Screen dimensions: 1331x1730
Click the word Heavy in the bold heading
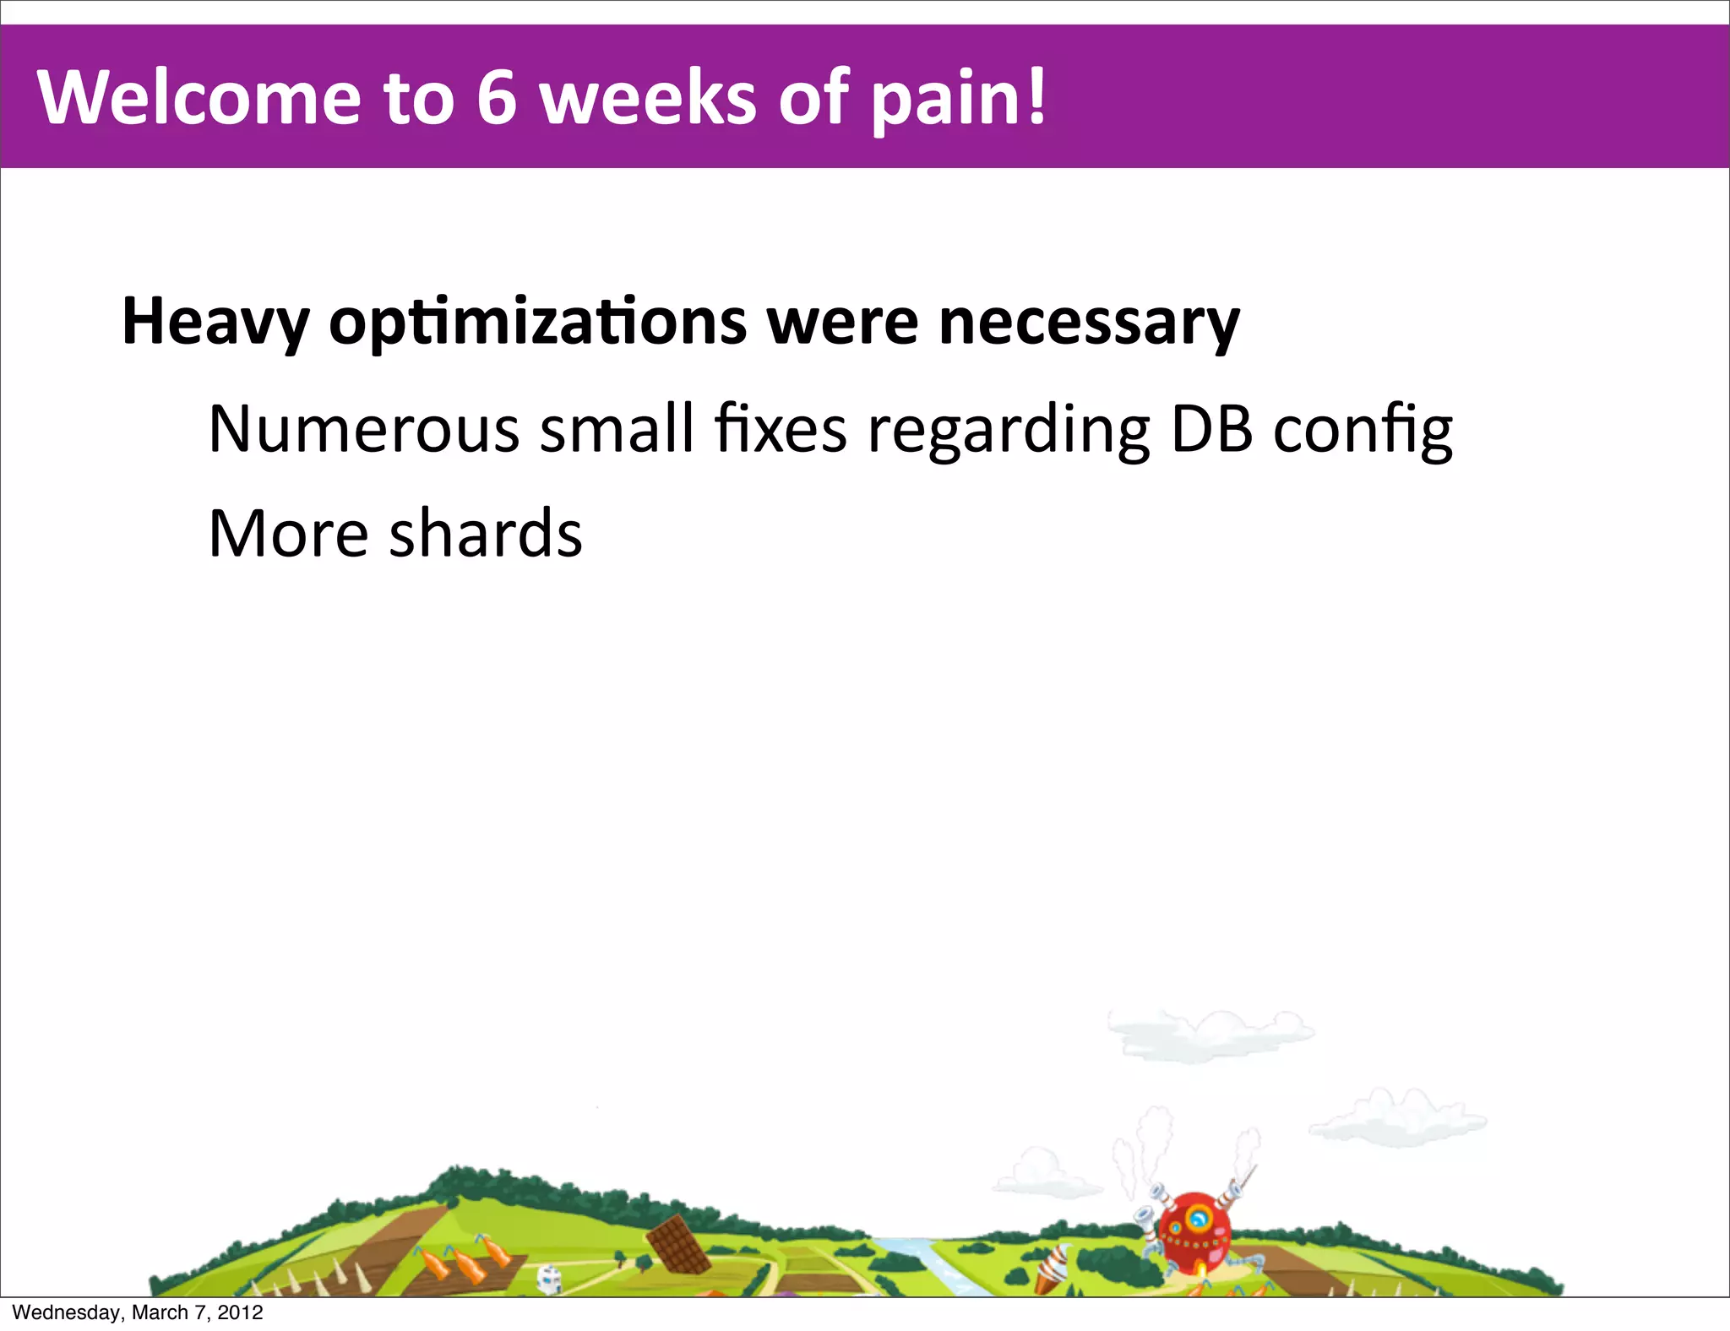point(215,323)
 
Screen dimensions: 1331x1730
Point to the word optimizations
point(537,323)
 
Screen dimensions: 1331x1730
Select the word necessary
point(1089,323)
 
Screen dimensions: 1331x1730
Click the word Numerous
point(363,430)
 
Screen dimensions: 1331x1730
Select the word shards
point(486,534)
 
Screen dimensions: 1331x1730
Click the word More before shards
point(288,534)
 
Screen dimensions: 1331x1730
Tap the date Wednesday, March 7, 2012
point(138,1312)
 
